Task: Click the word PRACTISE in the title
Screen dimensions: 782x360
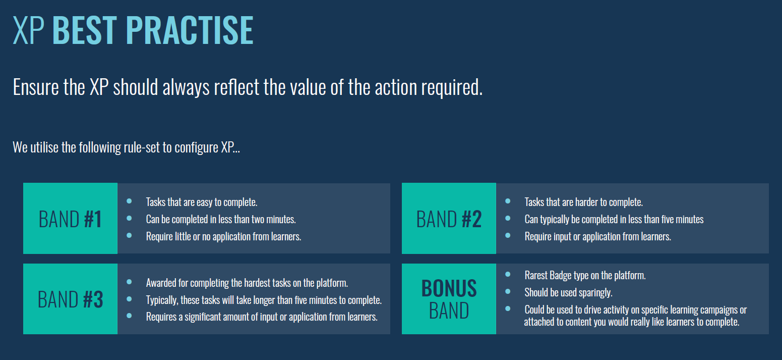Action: pos(190,30)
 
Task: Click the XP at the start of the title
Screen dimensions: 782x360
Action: pos(28,30)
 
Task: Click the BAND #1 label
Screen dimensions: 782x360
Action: pos(70,219)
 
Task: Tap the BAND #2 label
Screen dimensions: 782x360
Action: pos(449,219)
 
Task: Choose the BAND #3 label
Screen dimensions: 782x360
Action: pos(70,299)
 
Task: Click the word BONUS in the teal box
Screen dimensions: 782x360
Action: pos(449,288)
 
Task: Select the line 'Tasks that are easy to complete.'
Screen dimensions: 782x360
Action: pos(202,202)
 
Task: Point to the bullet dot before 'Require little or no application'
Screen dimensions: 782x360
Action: pos(129,236)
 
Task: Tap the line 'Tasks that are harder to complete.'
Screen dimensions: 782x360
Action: pos(583,202)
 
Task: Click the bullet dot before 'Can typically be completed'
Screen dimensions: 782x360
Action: pos(508,219)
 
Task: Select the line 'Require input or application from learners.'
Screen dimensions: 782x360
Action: pos(597,237)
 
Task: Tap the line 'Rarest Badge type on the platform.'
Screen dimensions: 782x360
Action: pos(585,275)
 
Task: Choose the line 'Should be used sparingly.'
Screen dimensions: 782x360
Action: pos(568,292)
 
